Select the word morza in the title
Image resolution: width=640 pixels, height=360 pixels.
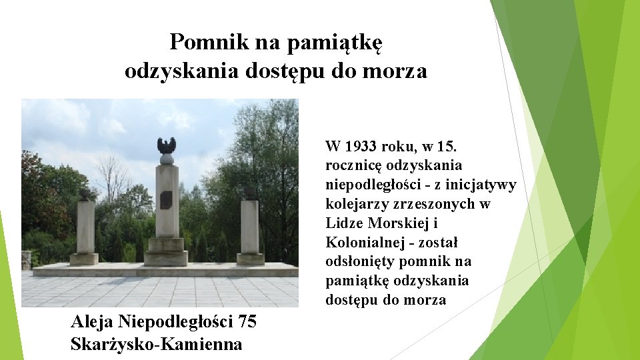point(395,71)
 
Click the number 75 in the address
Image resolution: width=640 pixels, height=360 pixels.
point(247,322)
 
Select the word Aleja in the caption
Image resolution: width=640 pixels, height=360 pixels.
point(92,322)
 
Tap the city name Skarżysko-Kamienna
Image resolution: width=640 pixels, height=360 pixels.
point(156,344)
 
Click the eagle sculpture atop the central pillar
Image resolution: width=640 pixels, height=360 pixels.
point(166,145)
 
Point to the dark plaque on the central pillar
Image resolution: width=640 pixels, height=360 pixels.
point(166,199)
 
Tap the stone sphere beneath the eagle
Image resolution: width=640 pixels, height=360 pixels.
point(167,159)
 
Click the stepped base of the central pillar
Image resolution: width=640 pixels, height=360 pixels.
point(166,253)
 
